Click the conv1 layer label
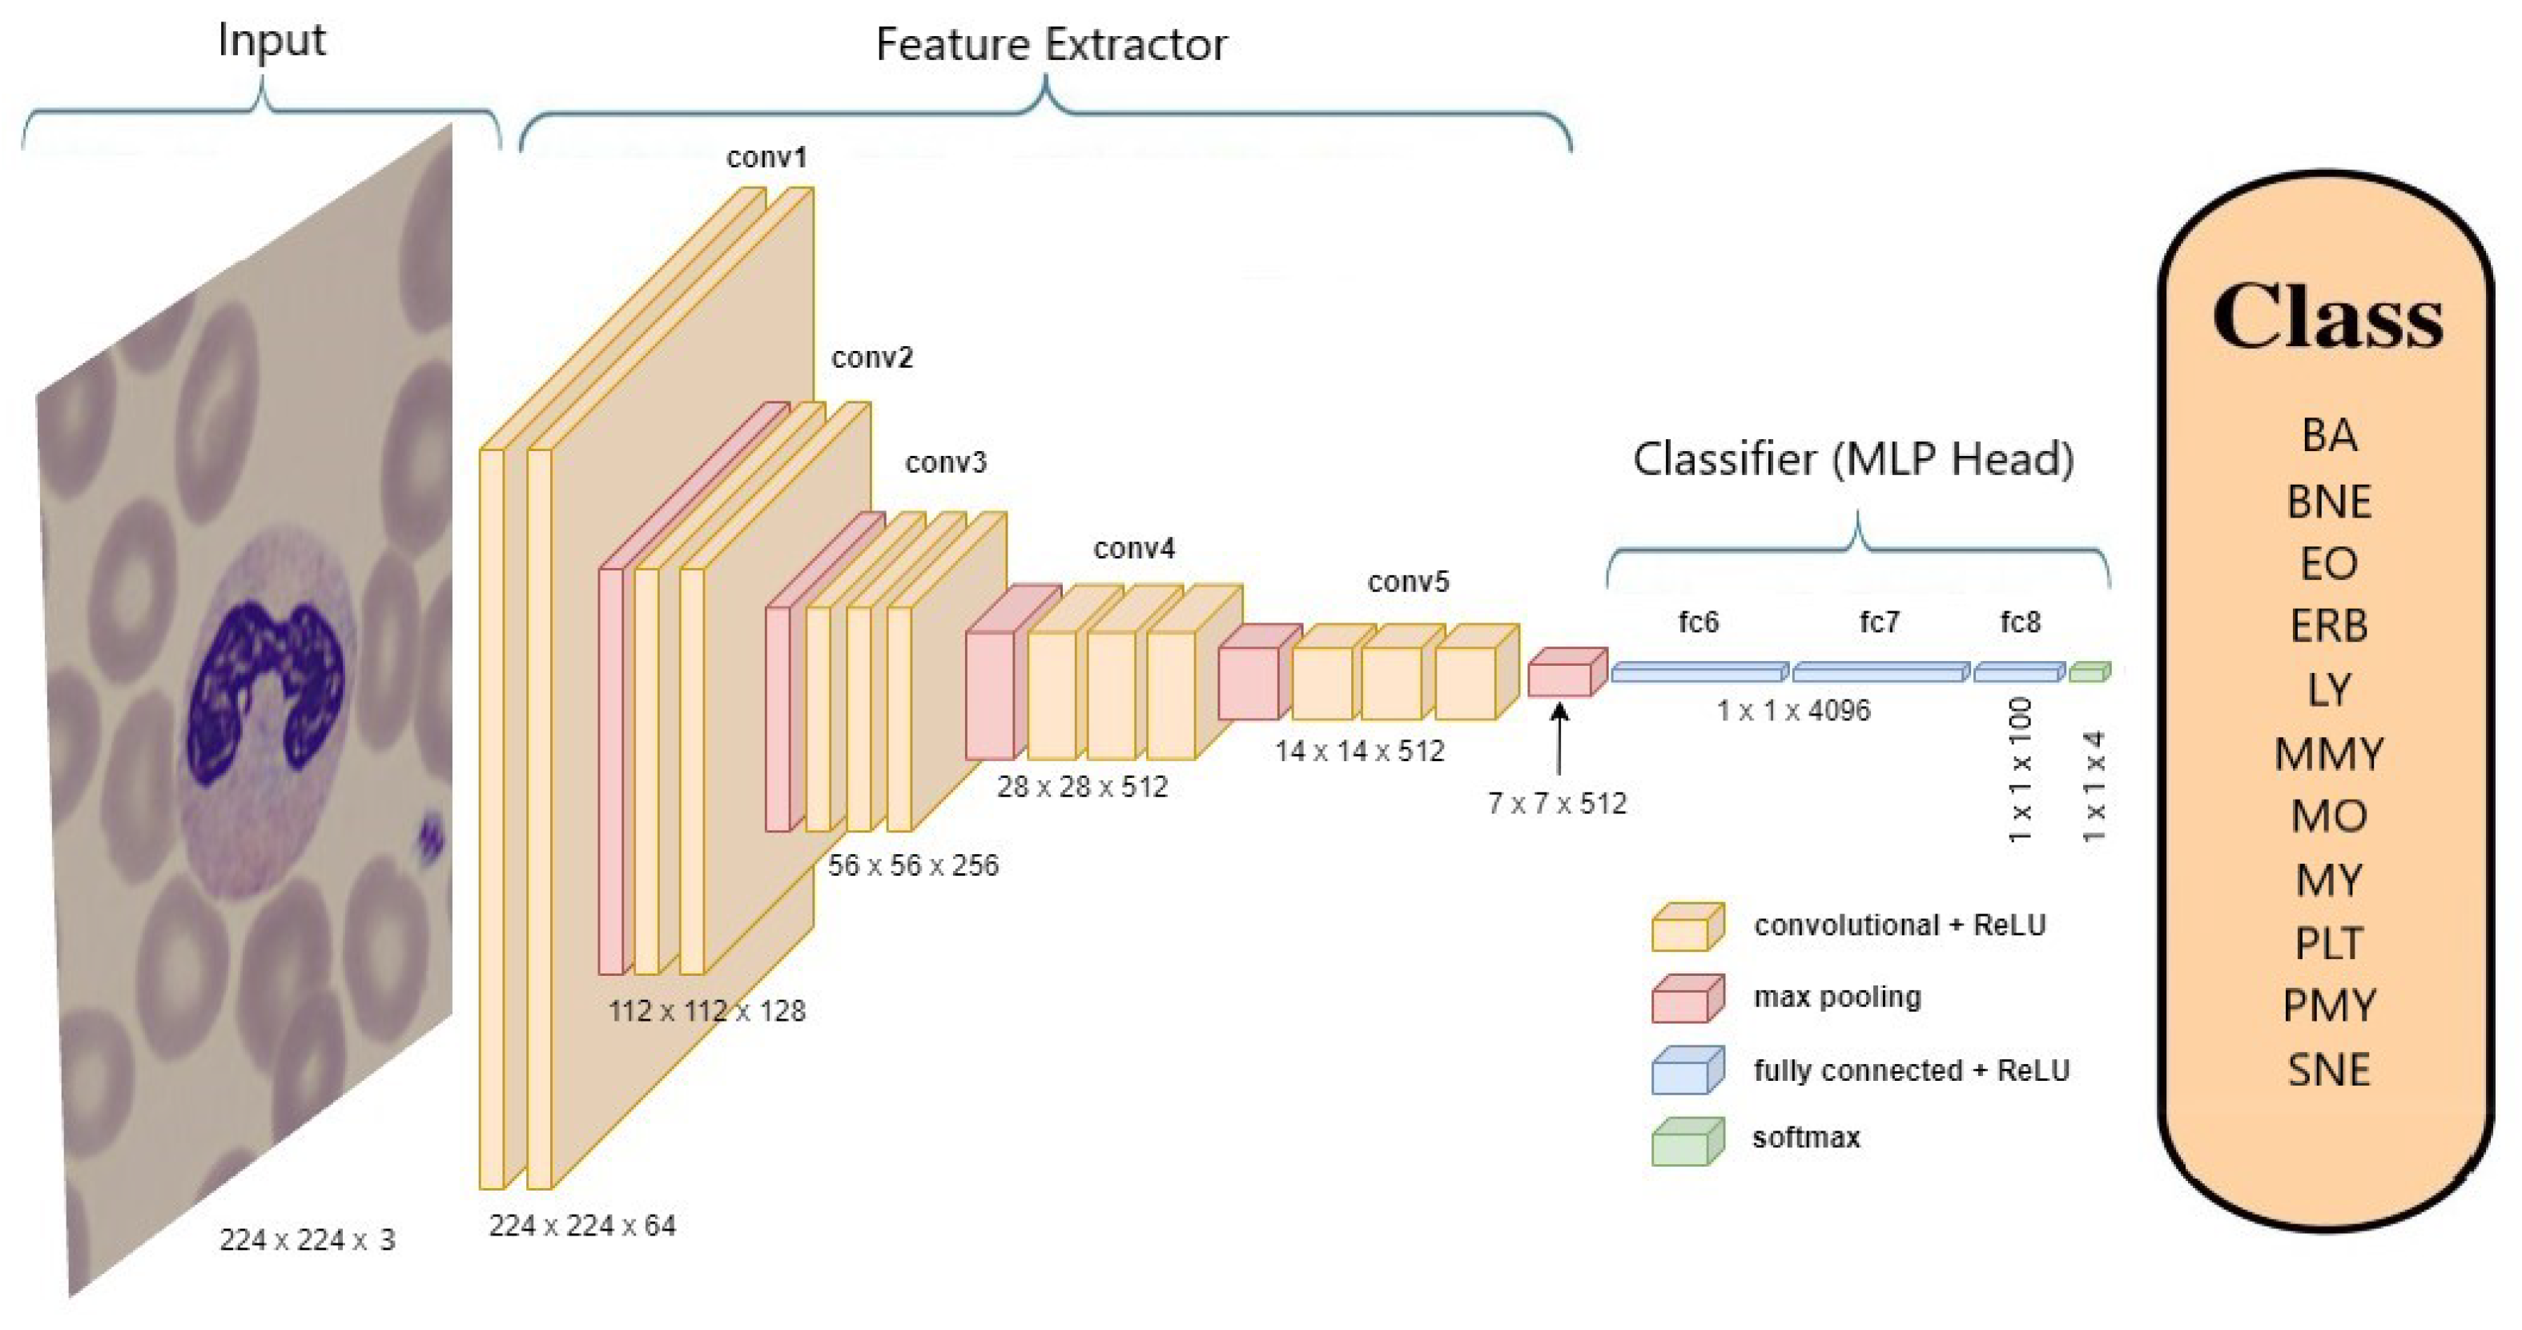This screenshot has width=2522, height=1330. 766,157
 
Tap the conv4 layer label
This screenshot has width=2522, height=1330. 1134,549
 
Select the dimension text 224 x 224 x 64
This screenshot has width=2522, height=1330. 582,1225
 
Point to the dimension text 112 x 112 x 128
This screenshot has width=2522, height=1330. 706,1011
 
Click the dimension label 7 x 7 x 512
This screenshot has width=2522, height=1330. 1557,803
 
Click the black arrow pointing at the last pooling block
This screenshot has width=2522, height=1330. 1559,740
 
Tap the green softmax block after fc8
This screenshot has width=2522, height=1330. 2090,672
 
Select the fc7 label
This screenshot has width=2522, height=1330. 1879,622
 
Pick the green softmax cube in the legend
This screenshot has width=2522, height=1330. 1687,1142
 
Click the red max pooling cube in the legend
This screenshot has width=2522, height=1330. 1687,999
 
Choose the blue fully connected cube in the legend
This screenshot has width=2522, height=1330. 1687,1070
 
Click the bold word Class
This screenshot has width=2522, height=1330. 2328,317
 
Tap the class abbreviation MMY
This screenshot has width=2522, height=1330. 2328,754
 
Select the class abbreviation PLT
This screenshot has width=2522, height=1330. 2328,943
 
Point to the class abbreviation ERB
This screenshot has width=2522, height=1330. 2328,626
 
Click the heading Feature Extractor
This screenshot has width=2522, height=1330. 1051,45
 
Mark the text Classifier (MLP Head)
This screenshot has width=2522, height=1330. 1853,459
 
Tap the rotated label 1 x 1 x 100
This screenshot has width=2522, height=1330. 2021,770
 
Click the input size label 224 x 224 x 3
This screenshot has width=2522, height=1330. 307,1240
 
